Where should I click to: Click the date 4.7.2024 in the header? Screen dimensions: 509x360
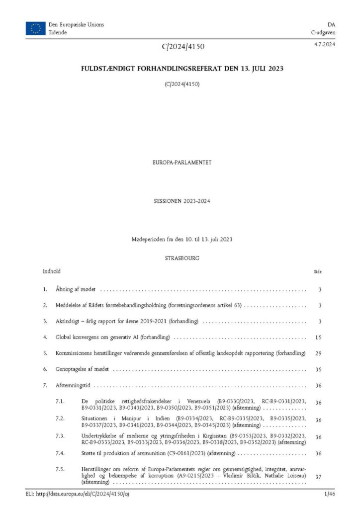pos(324,45)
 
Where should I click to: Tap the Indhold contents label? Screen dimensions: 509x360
pos(52,271)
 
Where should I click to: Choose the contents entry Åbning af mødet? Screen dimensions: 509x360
pos(76,289)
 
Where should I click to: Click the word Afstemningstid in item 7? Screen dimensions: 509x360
pos(73,385)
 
